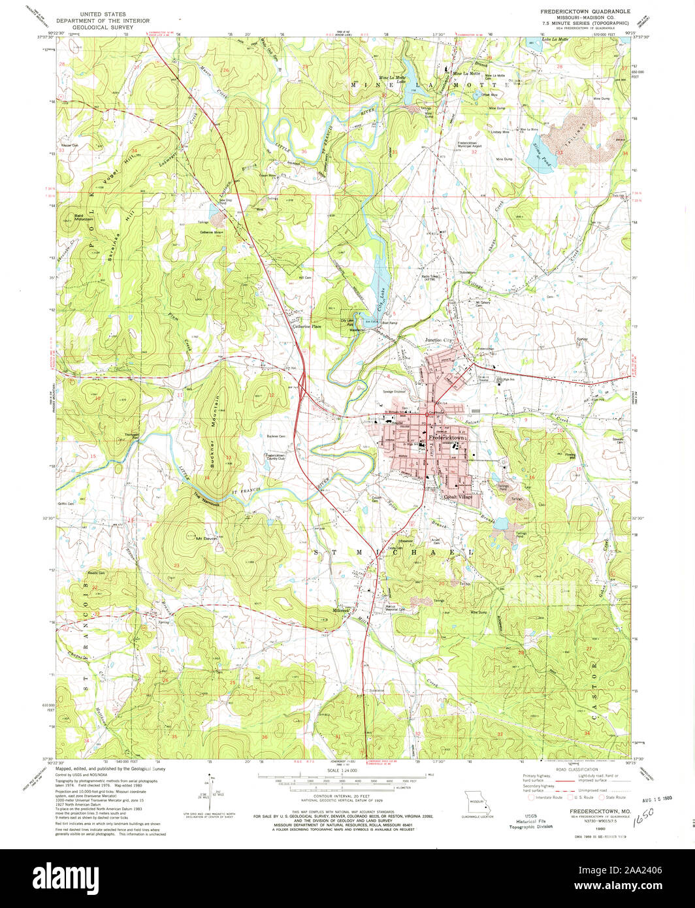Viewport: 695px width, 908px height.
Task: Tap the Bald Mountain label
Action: tap(83, 218)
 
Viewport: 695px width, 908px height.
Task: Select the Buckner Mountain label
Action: tap(212, 431)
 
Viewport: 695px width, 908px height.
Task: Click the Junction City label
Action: tap(439, 340)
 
